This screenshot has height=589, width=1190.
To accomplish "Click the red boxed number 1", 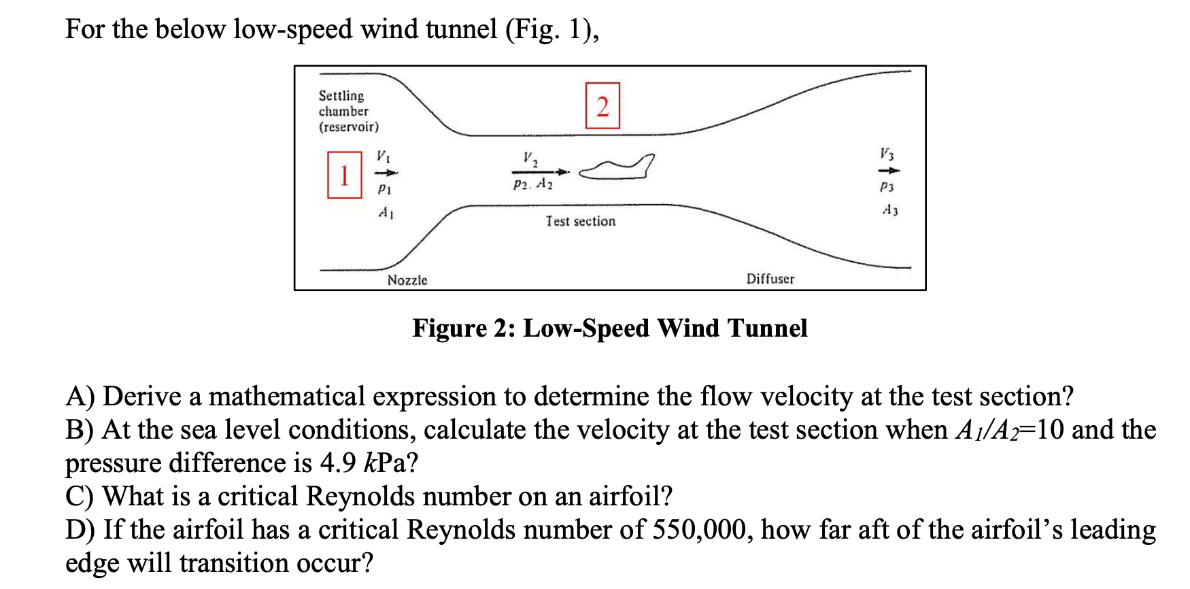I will point(344,175).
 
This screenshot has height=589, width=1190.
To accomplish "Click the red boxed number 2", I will point(602,106).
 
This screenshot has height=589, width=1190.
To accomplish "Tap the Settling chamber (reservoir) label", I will point(347,111).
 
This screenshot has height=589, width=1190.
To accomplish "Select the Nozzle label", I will point(407,280).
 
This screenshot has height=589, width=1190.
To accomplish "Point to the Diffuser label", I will point(770,279).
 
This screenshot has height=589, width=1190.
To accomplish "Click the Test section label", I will point(580,221).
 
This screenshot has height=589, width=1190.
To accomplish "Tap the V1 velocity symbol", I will point(384,156).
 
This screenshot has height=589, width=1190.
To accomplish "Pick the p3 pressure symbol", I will point(887,186).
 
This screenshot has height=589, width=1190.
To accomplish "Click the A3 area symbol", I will point(889,210).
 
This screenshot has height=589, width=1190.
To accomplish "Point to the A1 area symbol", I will point(386,213).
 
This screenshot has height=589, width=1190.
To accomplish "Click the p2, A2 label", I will point(533,184).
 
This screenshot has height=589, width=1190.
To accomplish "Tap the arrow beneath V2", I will point(540,172).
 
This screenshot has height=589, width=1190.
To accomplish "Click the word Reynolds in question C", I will point(360,497).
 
